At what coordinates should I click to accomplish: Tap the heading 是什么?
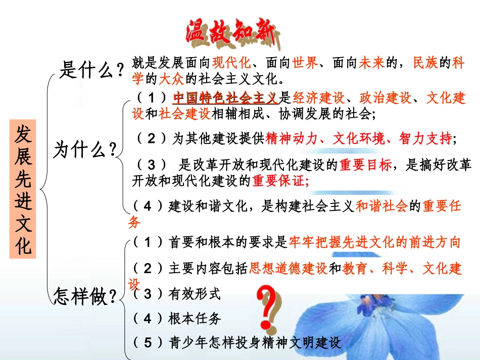[91, 70]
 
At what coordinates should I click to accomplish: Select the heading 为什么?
[85, 150]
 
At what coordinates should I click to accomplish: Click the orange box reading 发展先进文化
[23, 189]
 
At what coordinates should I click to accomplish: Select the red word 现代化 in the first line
[231, 63]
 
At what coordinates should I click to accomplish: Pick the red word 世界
[305, 63]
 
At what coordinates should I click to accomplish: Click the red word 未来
[372, 63]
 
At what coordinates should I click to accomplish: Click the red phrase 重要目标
[365, 165]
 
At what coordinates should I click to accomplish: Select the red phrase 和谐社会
[381, 206]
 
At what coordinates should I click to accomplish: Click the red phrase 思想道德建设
[289, 269]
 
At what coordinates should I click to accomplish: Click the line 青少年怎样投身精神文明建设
[255, 343]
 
